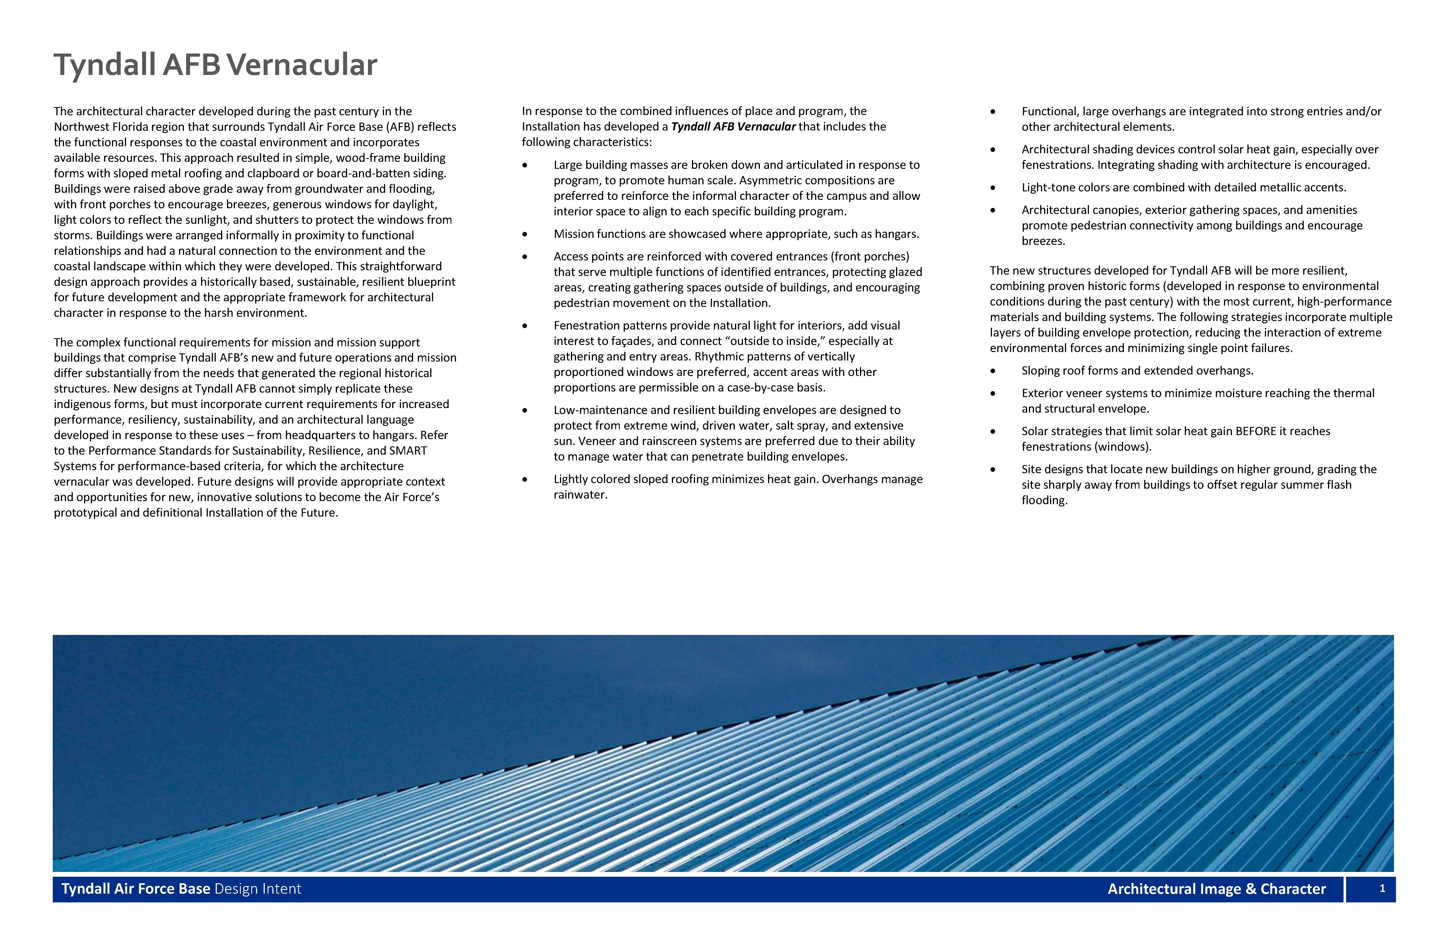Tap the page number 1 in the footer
[x=1382, y=888]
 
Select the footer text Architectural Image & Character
[x=1216, y=889]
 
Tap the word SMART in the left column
[x=408, y=451]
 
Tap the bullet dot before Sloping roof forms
[x=993, y=371]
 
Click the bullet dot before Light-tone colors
[x=993, y=188]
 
